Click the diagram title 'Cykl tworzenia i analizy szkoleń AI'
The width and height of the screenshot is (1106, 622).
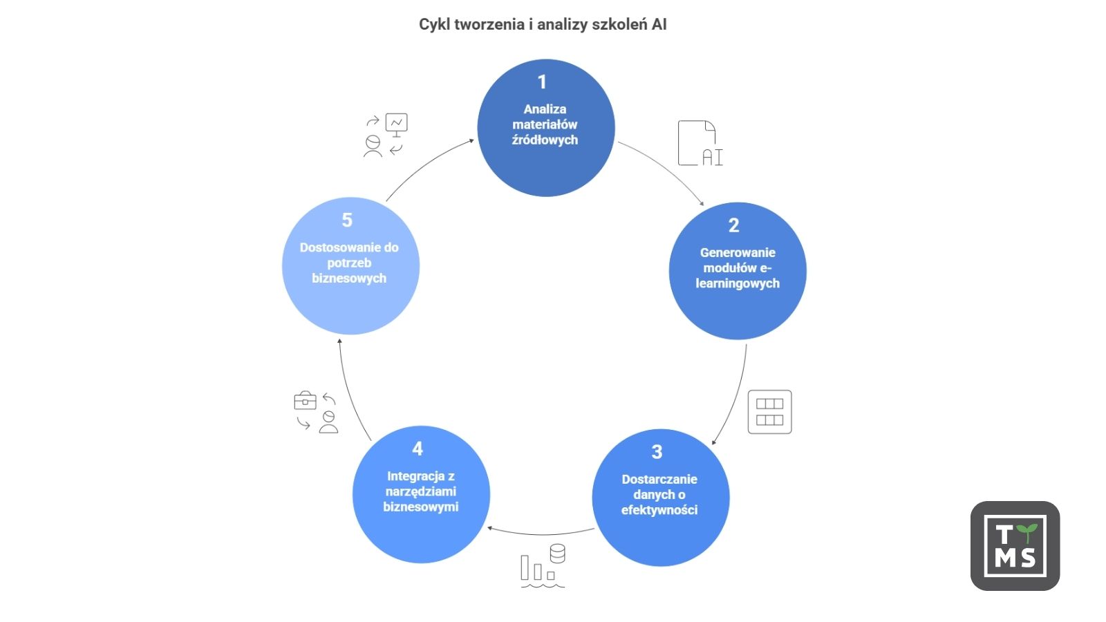pyautogui.click(x=543, y=25)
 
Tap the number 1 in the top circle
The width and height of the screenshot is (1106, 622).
pyautogui.click(x=543, y=82)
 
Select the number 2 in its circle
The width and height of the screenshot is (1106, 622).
pyautogui.click(x=734, y=225)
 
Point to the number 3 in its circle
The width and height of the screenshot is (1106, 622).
pyautogui.click(x=657, y=452)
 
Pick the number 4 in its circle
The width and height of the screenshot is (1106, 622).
pyautogui.click(x=418, y=449)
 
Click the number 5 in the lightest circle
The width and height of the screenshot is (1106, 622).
pyautogui.click(x=347, y=220)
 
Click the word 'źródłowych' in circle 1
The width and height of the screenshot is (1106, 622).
pyautogui.click(x=545, y=140)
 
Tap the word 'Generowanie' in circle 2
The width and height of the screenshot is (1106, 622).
pyautogui.click(x=738, y=253)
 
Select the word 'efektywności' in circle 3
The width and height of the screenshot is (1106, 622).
pyautogui.click(x=659, y=510)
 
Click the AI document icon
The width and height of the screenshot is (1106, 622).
pyautogui.click(x=700, y=144)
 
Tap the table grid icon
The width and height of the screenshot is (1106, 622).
pyautogui.click(x=769, y=413)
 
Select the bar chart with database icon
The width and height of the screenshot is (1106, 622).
pyautogui.click(x=543, y=567)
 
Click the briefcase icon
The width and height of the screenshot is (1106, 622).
pyautogui.click(x=305, y=401)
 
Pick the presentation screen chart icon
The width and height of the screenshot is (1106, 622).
pyautogui.click(x=397, y=124)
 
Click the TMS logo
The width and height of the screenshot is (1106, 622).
pyautogui.click(x=1015, y=546)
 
